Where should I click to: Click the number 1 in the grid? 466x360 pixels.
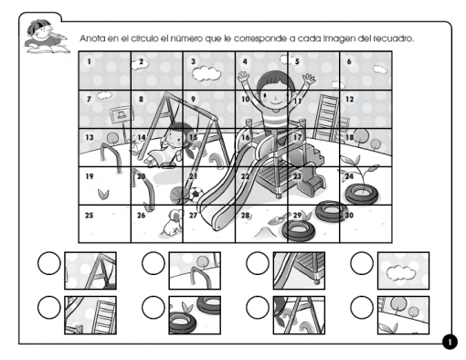click(90, 62)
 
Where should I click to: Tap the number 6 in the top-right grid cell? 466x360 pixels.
click(350, 62)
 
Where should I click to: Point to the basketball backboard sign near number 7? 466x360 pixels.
click(117, 113)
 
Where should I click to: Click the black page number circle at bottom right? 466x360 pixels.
click(449, 342)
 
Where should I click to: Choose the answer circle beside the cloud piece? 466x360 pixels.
click(363, 265)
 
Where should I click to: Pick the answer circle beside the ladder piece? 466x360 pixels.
click(49, 309)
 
